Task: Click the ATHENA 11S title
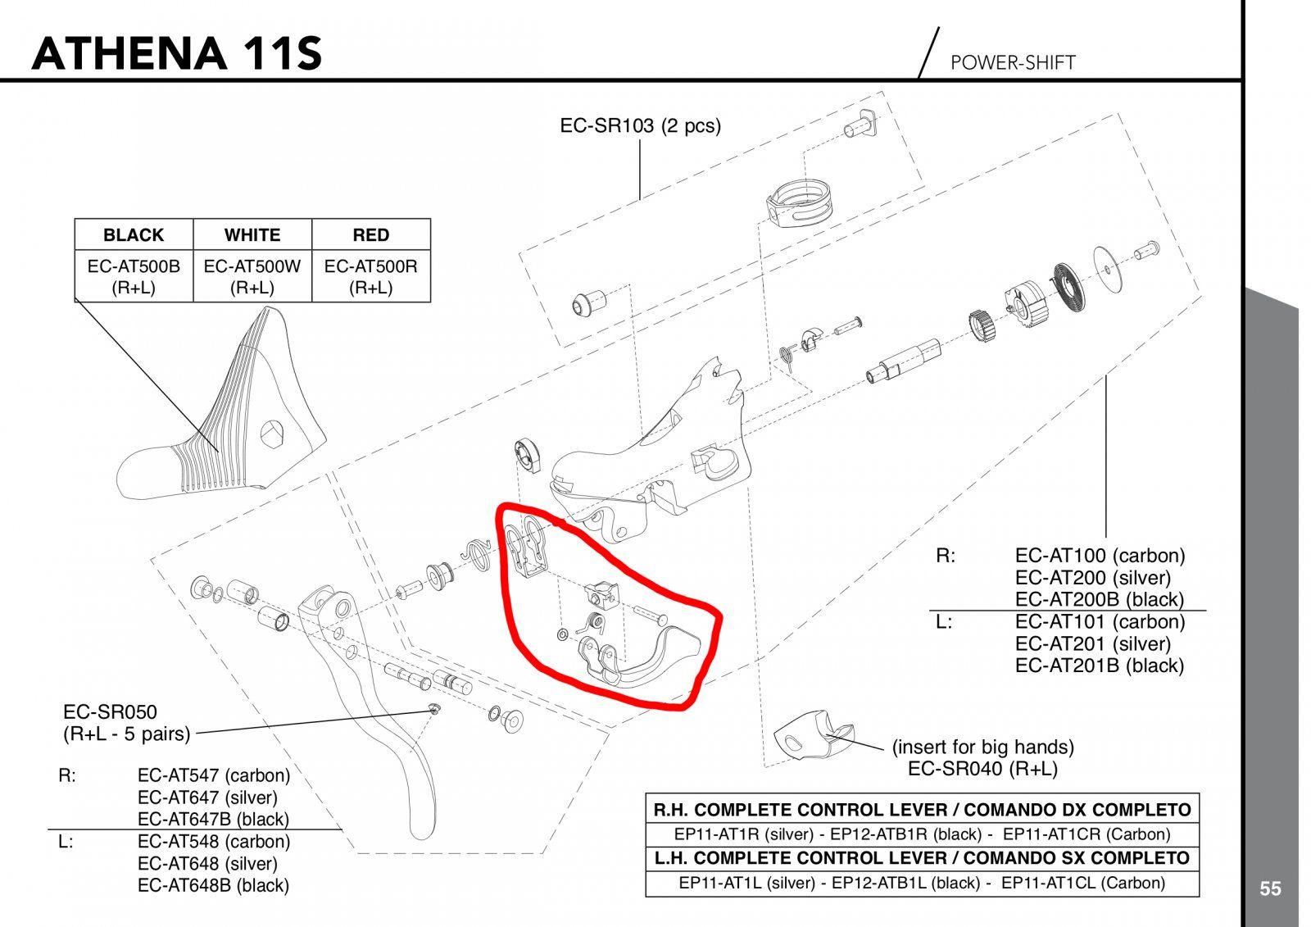coord(176,53)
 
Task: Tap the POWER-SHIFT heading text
coord(1012,62)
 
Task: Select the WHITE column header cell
coord(252,235)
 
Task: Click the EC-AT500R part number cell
coord(370,276)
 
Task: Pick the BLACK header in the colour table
coord(134,235)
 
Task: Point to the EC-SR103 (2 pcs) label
coord(640,126)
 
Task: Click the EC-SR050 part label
coord(110,712)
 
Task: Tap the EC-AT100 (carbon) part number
coord(1100,556)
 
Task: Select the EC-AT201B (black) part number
coord(1099,666)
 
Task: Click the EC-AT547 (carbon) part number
coord(213,775)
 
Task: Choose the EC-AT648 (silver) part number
coord(207,863)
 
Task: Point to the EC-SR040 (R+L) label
coord(982,769)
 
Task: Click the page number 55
coord(1270,888)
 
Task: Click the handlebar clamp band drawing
coord(799,203)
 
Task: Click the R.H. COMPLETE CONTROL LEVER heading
coord(922,810)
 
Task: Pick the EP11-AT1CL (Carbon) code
coord(1082,883)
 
